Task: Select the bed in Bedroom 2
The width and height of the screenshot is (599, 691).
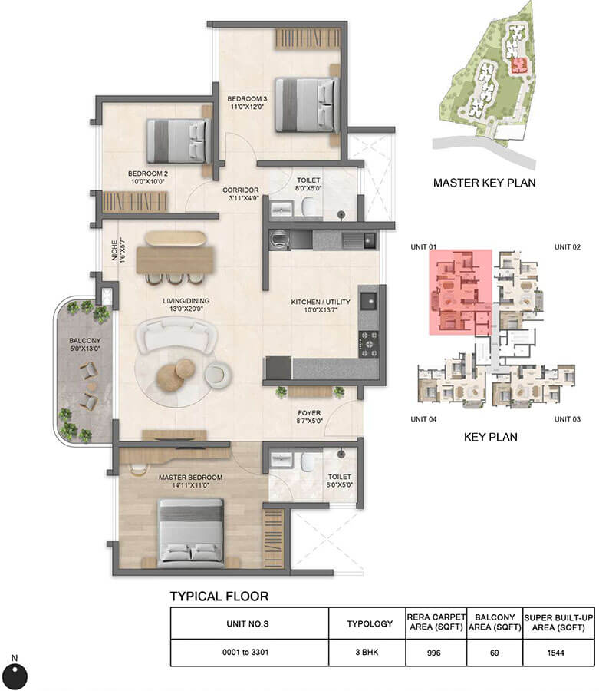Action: pos(178,140)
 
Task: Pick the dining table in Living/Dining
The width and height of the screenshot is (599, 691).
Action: pos(175,259)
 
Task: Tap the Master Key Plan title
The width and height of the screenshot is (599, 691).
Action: pos(484,183)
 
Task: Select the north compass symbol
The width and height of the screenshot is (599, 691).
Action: pos(18,675)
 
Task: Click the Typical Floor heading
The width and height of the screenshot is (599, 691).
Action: pos(219,596)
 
